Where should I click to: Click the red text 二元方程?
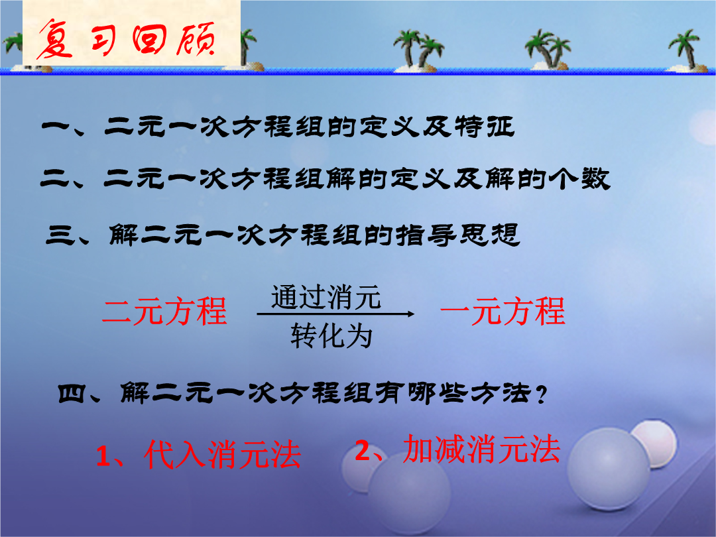point(164,312)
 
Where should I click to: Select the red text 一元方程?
point(503,312)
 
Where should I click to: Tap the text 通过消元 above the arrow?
point(326,297)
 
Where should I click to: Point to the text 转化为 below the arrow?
point(331,336)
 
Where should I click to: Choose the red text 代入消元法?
point(222,455)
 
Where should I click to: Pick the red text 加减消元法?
point(481,449)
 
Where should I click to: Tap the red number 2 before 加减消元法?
point(363,451)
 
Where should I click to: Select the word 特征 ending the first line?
point(485,127)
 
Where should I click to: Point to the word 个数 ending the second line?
point(579,178)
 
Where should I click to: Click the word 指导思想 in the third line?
point(458,235)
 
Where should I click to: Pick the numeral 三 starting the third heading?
point(60,235)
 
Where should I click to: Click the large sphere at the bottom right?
point(608,469)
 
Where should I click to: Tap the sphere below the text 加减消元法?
point(410,494)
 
